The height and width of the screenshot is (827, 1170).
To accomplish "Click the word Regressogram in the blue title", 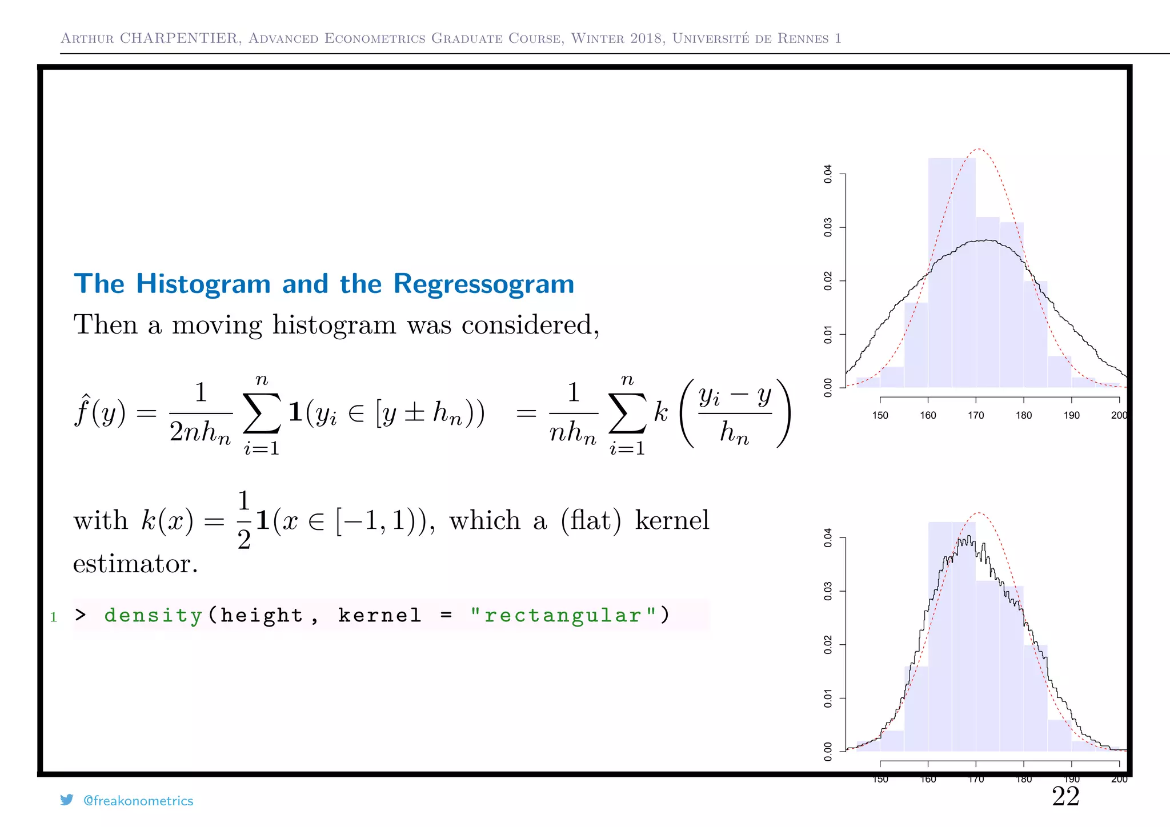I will [483, 284].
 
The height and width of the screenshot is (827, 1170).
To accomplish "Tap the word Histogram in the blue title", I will [203, 284].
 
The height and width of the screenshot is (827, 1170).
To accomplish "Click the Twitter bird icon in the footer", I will [67, 800].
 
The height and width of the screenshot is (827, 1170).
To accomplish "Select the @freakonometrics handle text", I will [138, 801].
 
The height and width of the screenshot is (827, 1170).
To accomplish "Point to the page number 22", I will [1065, 796].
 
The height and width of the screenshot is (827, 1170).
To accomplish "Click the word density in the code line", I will [153, 615].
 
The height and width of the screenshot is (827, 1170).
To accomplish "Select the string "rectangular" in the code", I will [563, 615].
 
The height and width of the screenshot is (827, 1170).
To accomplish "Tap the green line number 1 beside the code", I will [54, 617].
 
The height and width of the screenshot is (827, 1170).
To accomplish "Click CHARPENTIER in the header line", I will [179, 38].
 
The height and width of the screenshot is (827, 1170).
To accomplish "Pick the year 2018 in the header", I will [646, 38].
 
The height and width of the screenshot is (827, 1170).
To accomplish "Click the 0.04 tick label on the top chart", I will [828, 174].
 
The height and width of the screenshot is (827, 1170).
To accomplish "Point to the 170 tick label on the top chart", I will [976, 415].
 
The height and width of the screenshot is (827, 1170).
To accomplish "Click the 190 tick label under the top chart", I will [1071, 415].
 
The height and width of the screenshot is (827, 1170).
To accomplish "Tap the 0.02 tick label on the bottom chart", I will [828, 645].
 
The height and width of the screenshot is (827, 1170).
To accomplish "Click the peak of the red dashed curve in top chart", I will [979, 149].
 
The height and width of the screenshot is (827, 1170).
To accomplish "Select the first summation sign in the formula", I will [262, 413].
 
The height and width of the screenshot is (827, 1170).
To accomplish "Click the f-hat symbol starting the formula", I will [83, 411].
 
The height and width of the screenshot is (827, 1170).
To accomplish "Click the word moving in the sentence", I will [217, 325].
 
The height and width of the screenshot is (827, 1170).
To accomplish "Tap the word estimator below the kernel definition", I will [135, 564].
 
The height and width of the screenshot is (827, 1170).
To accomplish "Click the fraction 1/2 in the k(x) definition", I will [244, 520].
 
